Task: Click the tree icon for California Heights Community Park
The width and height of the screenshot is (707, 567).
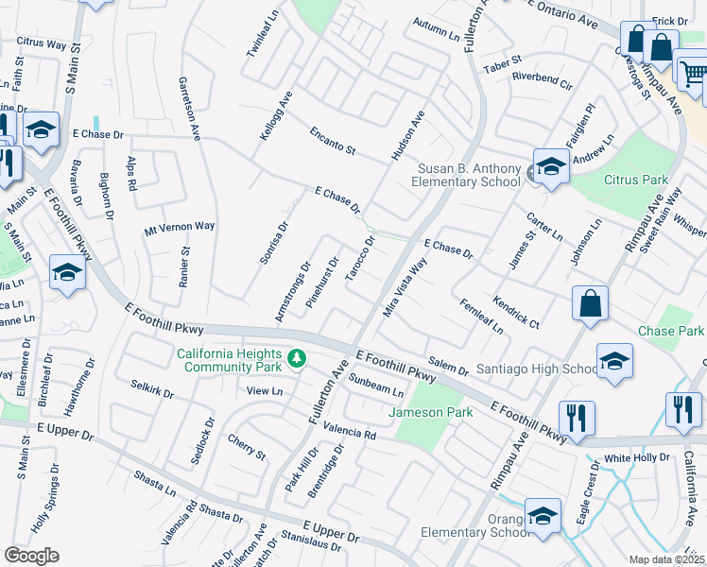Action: pyautogui.click(x=297, y=357)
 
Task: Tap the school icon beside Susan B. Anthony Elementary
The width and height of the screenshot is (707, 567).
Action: pyautogui.click(x=550, y=166)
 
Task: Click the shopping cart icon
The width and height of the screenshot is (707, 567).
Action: pyautogui.click(x=693, y=72)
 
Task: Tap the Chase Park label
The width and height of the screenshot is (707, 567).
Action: pyautogui.click(x=671, y=332)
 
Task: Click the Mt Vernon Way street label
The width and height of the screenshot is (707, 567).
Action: pyautogui.click(x=180, y=227)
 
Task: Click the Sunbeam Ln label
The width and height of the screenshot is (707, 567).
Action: pyautogui.click(x=376, y=386)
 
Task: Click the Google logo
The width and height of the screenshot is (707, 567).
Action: pyautogui.click(x=31, y=555)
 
